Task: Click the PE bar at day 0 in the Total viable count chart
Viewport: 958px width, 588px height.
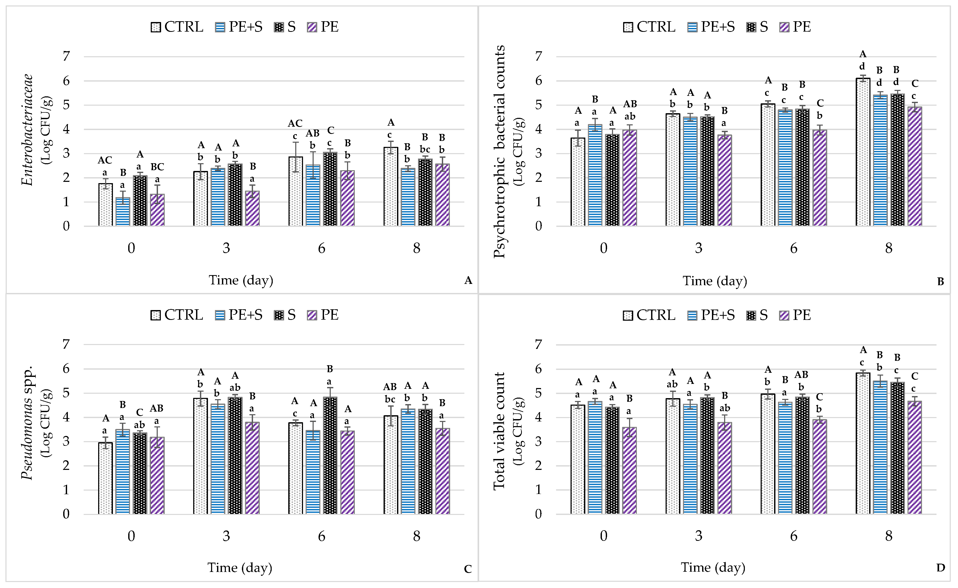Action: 629,471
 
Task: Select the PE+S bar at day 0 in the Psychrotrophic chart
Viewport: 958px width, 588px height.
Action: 595,175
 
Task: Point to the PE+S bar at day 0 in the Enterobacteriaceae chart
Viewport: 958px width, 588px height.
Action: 123,212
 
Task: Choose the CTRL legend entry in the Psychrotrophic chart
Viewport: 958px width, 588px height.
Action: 649,27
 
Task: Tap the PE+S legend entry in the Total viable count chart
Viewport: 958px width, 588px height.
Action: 711,315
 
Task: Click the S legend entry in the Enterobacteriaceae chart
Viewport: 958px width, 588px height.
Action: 285,27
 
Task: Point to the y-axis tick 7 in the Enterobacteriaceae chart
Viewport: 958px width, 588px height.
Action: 67,56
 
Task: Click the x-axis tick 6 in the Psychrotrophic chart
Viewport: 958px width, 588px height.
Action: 794,248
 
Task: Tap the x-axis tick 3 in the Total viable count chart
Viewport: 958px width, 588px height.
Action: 699,536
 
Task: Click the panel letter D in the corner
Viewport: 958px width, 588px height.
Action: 940,568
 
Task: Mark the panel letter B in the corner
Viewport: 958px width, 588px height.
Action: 940,281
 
